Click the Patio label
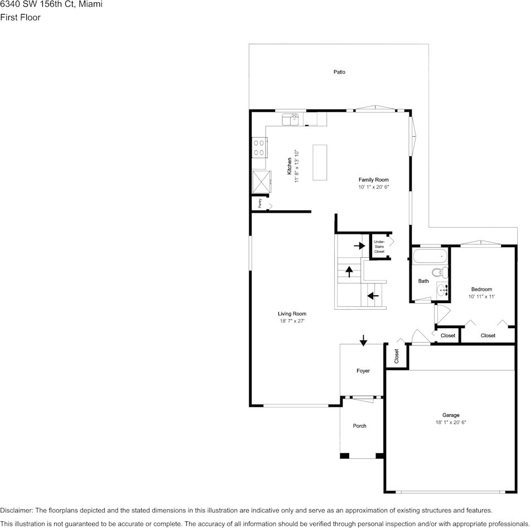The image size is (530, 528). click(x=339, y=72)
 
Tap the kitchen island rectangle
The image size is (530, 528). click(x=320, y=162)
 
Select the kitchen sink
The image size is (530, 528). click(x=291, y=119)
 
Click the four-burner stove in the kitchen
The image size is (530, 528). click(x=259, y=148)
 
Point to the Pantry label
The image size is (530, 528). click(x=260, y=204)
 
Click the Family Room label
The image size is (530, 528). click(x=373, y=180)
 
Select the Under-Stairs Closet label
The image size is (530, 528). click(x=379, y=247)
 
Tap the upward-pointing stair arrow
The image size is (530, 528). click(x=349, y=272)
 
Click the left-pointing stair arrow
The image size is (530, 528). click(x=373, y=295)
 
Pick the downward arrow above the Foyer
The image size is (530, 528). click(x=363, y=340)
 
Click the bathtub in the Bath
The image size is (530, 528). click(x=430, y=257)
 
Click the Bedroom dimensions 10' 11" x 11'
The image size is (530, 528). click(x=481, y=297)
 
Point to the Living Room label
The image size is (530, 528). click(x=292, y=314)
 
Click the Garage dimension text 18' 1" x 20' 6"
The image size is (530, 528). click(x=451, y=423)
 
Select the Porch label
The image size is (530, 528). click(x=360, y=426)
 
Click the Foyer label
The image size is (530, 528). click(x=363, y=371)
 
